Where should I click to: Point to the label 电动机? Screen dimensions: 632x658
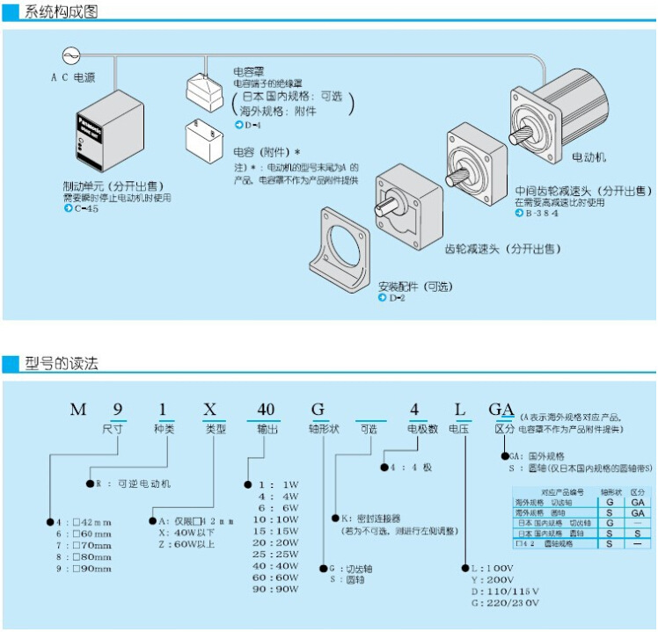(589, 157)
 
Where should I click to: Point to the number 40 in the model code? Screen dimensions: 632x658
(266, 410)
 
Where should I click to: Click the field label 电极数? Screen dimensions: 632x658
(421, 430)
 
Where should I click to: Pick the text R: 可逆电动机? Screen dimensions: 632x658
(133, 483)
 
